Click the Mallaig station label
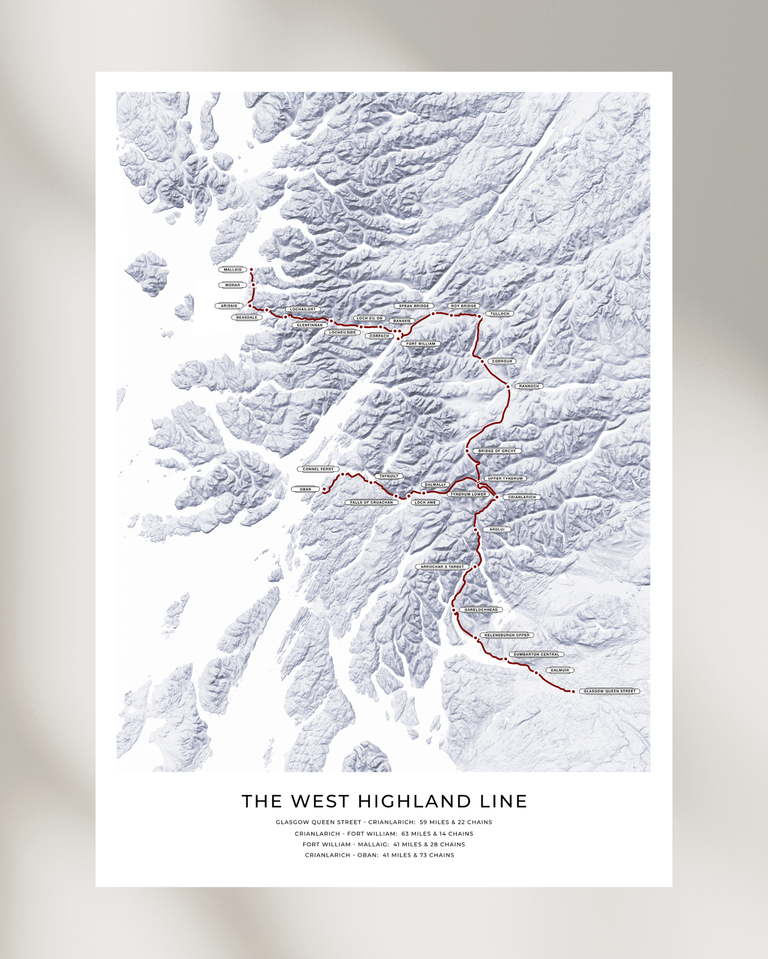coord(232,270)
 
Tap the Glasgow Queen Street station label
coord(609,691)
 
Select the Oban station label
coord(305,489)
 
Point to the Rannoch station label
coord(529,386)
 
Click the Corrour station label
coord(502,361)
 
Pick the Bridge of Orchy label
coord(496,451)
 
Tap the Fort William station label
coord(420,344)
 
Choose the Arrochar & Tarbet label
coord(442,567)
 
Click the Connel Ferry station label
coord(318,469)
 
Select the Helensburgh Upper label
coord(507,635)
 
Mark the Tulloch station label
coord(500,314)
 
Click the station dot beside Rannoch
coord(508,387)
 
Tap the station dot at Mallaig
coord(251,270)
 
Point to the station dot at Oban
coord(324,489)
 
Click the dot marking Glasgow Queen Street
coord(573,691)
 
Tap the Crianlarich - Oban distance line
coord(379,855)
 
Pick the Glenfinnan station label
coord(309,325)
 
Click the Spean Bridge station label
coord(413,306)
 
